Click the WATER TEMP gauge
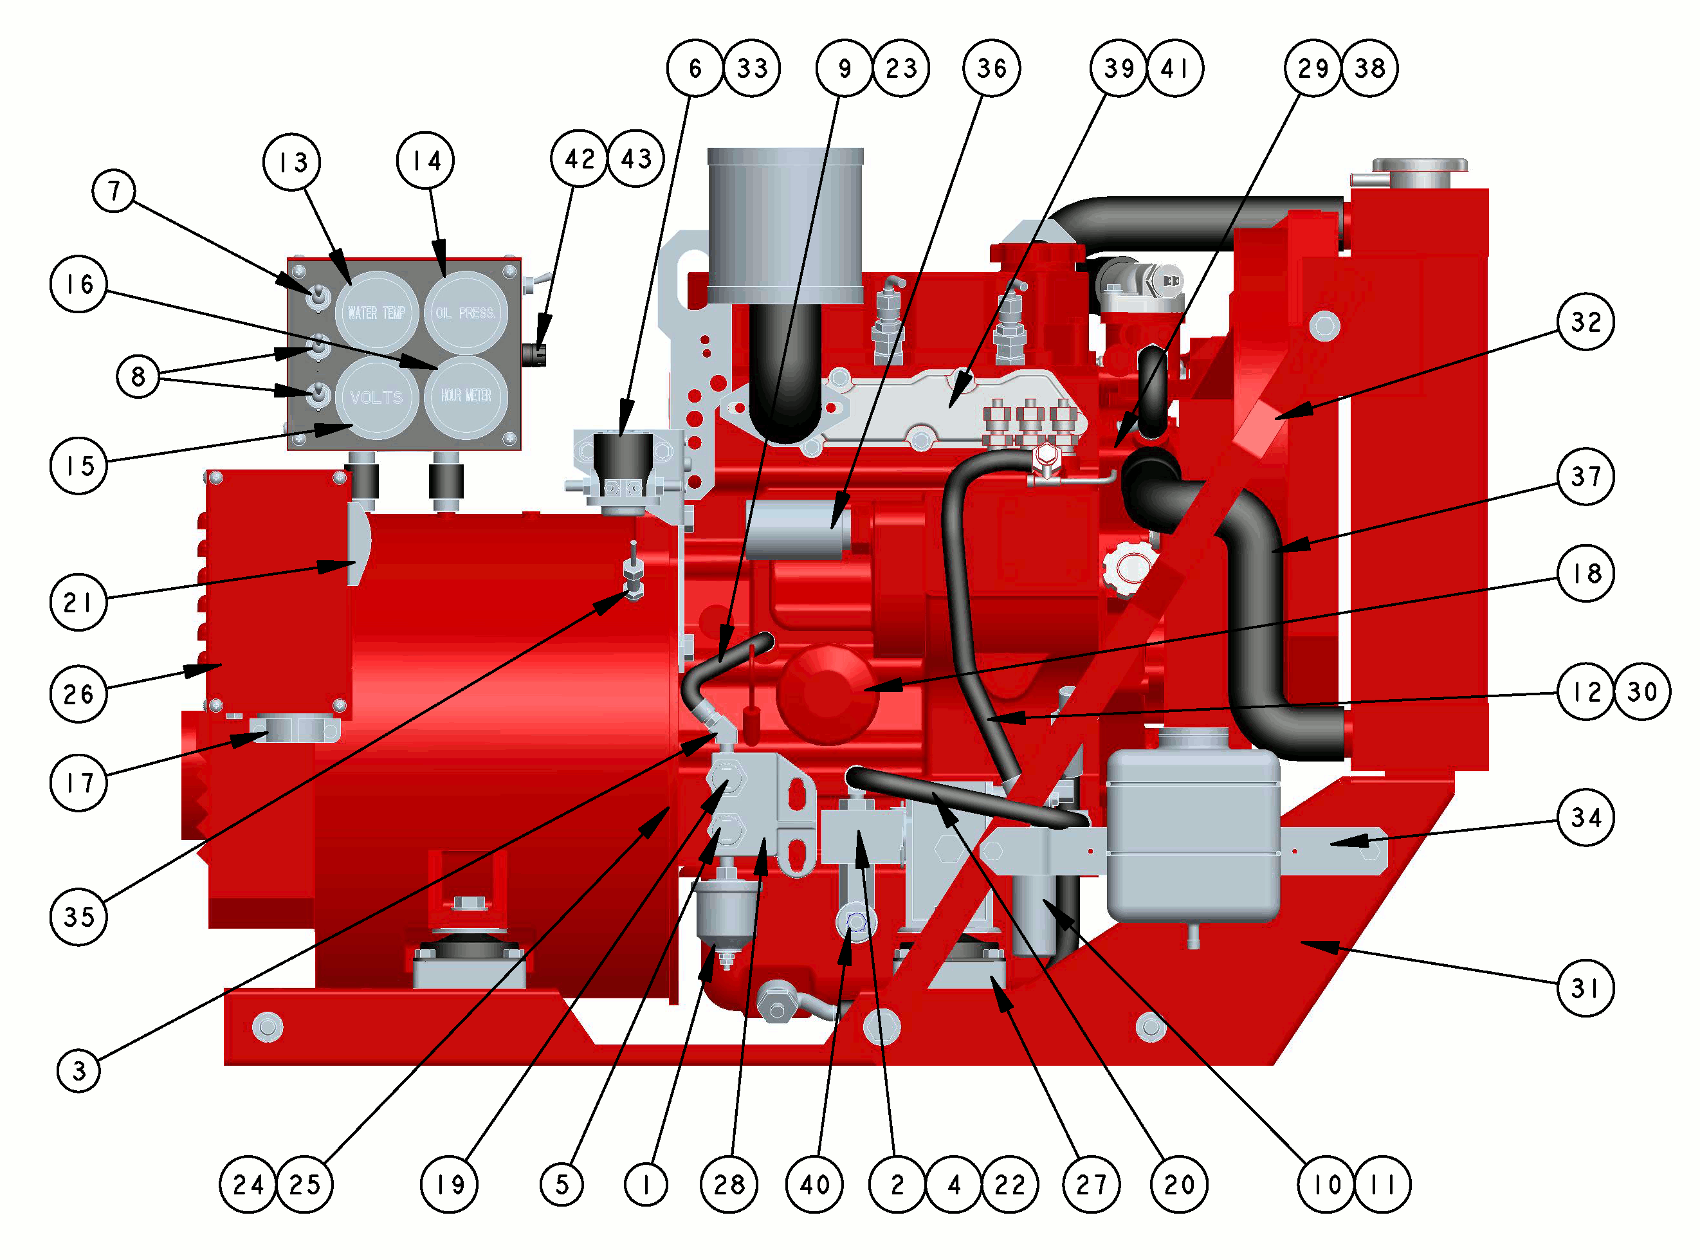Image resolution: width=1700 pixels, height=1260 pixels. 376,313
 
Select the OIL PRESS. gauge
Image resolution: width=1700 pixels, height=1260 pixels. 465,313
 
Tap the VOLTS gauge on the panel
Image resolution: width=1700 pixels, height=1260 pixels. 376,397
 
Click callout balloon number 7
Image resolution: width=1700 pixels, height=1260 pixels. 114,190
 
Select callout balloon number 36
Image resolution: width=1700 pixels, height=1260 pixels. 991,68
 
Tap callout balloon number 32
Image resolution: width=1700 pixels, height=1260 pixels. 1586,321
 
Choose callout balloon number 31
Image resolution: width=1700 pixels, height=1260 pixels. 1586,988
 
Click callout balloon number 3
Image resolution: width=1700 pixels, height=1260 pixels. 78,1071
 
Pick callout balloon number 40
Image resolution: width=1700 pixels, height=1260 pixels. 814,1185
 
